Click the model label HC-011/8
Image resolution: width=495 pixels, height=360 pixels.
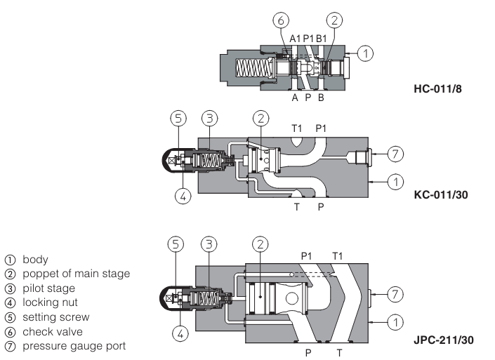coord(438,90)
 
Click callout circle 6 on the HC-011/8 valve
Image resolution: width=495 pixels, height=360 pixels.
coord(278,20)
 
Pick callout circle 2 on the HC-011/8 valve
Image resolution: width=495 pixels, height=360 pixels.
coord(335,20)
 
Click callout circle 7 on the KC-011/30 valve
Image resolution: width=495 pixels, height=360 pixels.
coord(395,152)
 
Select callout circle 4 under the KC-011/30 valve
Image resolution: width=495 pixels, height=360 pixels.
coord(182,196)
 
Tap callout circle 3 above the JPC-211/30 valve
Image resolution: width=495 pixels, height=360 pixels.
coord(209,244)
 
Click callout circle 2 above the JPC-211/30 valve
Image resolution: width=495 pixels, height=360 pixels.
coord(260,244)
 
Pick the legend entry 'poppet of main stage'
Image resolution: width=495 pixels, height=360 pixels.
coord(69,274)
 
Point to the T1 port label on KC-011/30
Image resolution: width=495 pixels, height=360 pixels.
coord(298,128)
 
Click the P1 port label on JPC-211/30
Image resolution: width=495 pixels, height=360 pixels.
coord(307,256)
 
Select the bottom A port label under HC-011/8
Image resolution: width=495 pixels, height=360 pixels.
coord(295,98)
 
